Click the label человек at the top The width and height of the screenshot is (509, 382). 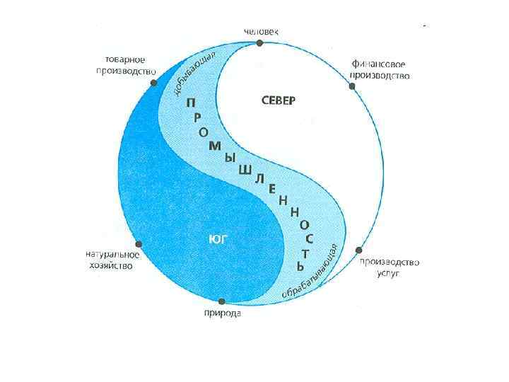[x=260, y=31]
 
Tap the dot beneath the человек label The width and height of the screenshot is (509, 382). [x=260, y=43]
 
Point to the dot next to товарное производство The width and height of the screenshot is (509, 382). [x=153, y=83]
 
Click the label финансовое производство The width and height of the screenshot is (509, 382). [x=380, y=69]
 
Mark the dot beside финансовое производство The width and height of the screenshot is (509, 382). [x=352, y=86]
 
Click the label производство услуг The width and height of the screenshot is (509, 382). [x=389, y=267]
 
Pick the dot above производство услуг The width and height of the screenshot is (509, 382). [x=359, y=250]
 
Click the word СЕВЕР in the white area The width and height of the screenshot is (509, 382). [x=274, y=100]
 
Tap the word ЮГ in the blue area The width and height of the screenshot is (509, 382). [x=217, y=239]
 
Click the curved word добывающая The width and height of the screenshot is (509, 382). [x=193, y=74]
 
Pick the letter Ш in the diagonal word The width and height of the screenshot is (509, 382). [x=246, y=170]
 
